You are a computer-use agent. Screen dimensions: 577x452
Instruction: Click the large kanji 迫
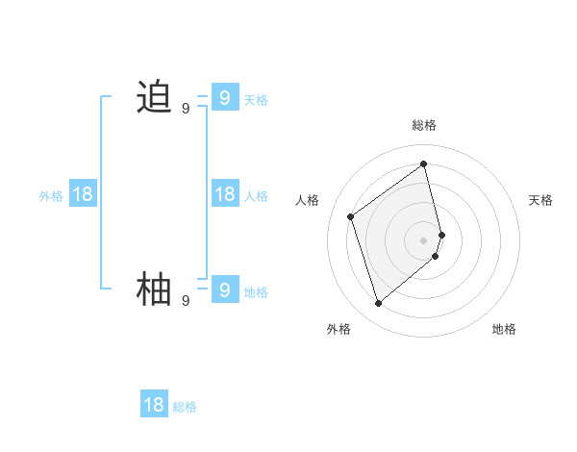pyautogui.click(x=154, y=97)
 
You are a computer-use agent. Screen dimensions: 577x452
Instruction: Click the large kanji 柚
pyautogui.click(x=154, y=289)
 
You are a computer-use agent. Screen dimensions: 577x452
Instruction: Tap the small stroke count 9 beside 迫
pyautogui.click(x=186, y=109)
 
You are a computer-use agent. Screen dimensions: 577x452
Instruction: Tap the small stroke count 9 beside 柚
pyautogui.click(x=186, y=301)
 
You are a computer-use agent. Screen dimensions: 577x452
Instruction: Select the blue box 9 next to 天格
pyautogui.click(x=224, y=97)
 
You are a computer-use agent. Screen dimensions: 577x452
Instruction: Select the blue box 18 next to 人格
pyautogui.click(x=224, y=194)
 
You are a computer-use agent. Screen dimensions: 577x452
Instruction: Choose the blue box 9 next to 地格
pyautogui.click(x=224, y=289)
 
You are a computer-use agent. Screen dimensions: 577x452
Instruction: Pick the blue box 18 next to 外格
pyautogui.click(x=83, y=194)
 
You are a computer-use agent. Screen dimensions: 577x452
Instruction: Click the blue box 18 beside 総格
pyautogui.click(x=154, y=405)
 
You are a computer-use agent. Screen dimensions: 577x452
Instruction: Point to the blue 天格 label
pyautogui.click(x=256, y=100)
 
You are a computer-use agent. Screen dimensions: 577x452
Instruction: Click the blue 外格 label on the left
pyautogui.click(x=51, y=196)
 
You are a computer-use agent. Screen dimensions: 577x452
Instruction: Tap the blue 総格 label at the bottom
pyautogui.click(x=185, y=407)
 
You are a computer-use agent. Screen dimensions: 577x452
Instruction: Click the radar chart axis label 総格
pyautogui.click(x=424, y=125)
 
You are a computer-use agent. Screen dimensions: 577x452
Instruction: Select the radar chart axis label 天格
pyautogui.click(x=541, y=200)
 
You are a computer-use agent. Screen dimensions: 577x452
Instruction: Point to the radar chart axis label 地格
pyautogui.click(x=504, y=329)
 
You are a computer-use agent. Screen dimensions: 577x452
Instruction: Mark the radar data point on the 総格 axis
pyautogui.click(x=424, y=163)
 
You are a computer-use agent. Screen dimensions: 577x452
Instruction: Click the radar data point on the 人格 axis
pyautogui.click(x=351, y=216)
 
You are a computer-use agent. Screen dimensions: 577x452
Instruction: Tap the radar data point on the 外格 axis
pyautogui.click(x=378, y=304)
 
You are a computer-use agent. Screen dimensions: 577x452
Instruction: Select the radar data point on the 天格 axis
pyautogui.click(x=441, y=234)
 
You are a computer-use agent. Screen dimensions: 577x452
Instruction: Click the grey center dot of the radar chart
pyautogui.click(x=424, y=239)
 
